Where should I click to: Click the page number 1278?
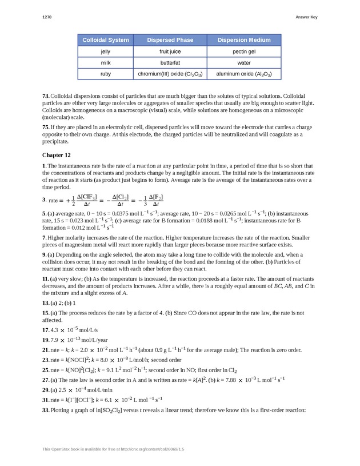(47, 17)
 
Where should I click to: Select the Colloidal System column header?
(105, 40)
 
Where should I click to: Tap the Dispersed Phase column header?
(170, 40)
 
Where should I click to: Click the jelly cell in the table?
(105, 51)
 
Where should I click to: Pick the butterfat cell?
(170, 62)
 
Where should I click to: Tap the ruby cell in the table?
(105, 74)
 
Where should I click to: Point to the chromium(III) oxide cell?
(170, 74)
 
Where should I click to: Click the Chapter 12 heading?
(57, 154)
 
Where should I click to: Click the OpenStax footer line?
(113, 449)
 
